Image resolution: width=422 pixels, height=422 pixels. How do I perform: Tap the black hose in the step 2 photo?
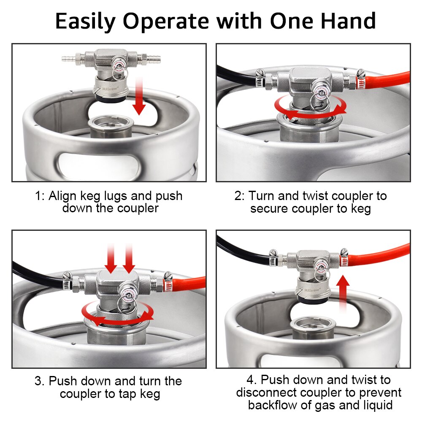point(236,76)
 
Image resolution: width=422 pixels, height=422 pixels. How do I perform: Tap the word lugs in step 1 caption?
point(125,196)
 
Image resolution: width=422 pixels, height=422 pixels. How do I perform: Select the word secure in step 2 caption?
point(269,209)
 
